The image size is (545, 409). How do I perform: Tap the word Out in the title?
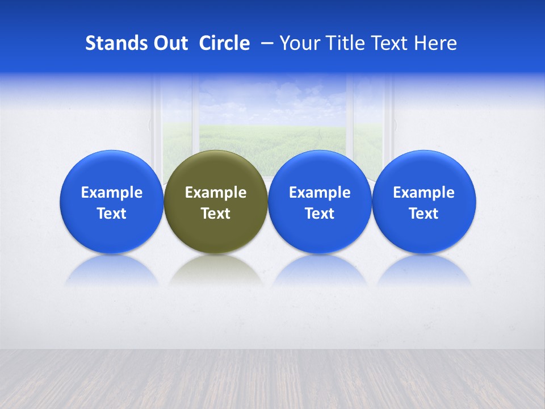[x=169, y=43]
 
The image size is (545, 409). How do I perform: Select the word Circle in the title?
[x=224, y=43]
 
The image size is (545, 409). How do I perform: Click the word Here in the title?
[x=435, y=43]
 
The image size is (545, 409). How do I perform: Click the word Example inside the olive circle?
[x=216, y=193]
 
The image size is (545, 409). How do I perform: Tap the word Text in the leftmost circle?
[x=112, y=214]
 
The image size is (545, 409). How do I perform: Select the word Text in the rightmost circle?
[x=424, y=214]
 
